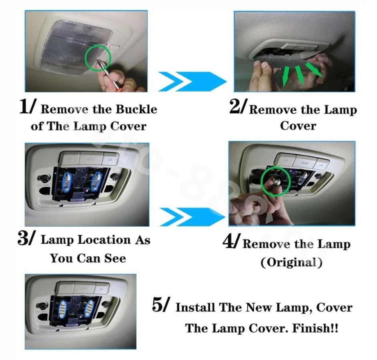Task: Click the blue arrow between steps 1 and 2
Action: coord(192,82)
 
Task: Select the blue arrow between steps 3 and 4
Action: coord(193,217)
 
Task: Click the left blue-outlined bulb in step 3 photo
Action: coord(67,182)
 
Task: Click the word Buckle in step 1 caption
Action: coord(136,109)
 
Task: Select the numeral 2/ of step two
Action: coord(238,107)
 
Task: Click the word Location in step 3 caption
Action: coord(104,240)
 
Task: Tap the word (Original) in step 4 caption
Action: coord(291,262)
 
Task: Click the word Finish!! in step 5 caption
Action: coord(315,328)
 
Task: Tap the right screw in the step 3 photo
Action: coord(114,178)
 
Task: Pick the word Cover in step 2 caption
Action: coord(298,126)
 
